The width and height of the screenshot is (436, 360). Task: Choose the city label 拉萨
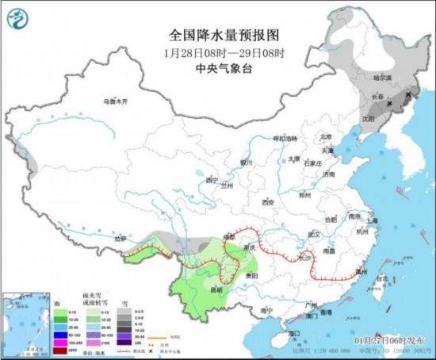(120, 238)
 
